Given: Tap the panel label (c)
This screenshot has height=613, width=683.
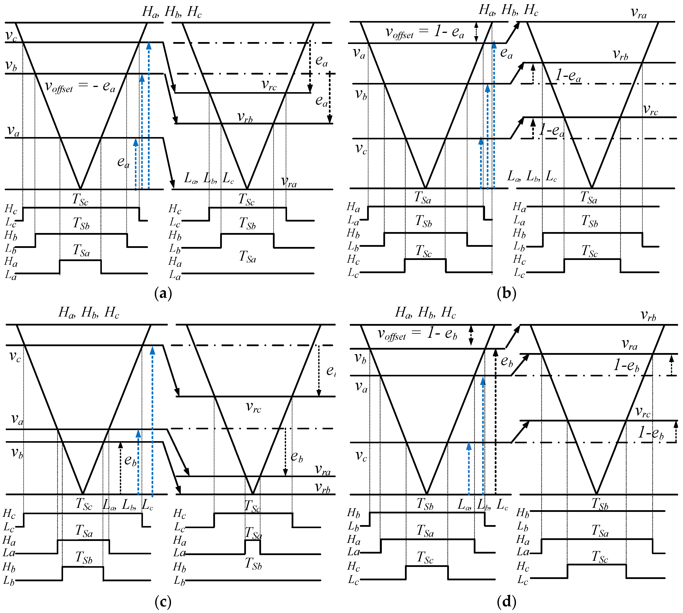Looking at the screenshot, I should coord(163,601).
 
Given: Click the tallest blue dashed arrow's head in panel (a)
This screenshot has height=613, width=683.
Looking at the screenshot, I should coord(148,45).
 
